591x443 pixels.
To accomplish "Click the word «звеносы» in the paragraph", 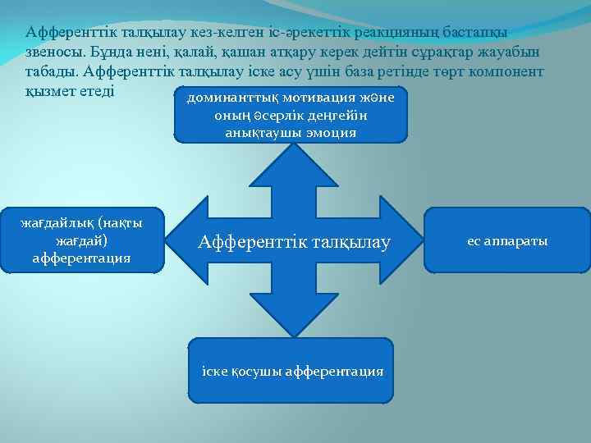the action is pos(53,52).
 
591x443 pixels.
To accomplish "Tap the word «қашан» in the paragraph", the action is pos(259,52).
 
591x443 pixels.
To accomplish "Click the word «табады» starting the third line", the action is pos(51,71).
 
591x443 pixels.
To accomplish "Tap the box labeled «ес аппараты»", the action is pos(507,240).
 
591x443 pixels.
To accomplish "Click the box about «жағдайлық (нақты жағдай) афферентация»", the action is pos(81,240).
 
